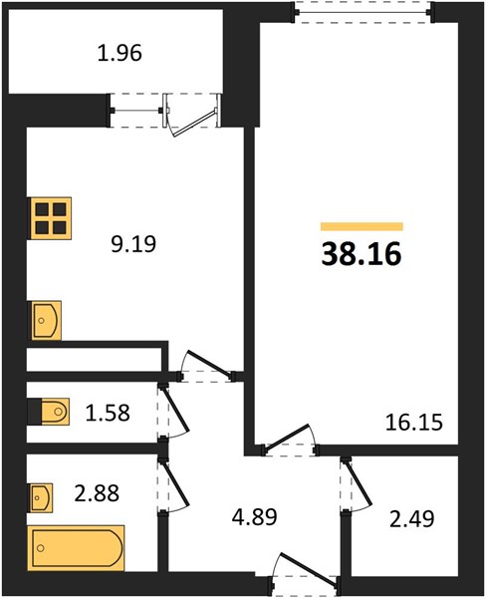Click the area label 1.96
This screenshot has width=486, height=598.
(x=120, y=53)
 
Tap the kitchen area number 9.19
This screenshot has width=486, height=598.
(x=133, y=244)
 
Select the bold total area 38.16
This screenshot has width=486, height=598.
(x=362, y=254)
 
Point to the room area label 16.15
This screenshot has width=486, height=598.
(x=414, y=423)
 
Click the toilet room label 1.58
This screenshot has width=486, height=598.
(x=108, y=413)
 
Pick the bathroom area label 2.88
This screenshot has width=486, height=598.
(x=97, y=492)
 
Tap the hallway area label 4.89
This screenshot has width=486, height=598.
(x=254, y=517)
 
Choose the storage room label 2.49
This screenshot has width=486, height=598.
(x=412, y=519)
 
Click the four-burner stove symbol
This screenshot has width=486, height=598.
(x=50, y=218)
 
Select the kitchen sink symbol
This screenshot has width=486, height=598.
(x=46, y=320)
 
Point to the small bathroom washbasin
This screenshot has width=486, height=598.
(x=41, y=497)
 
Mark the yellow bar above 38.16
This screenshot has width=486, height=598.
(x=362, y=226)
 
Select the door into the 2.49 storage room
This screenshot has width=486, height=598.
(x=356, y=483)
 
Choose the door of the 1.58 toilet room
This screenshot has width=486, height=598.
(x=174, y=411)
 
